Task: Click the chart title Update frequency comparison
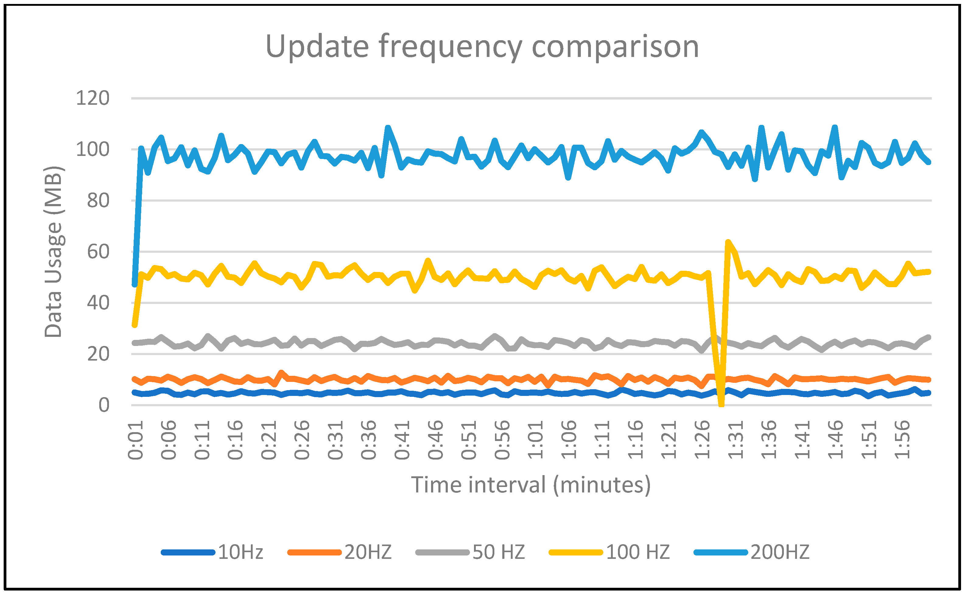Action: pyautogui.click(x=482, y=47)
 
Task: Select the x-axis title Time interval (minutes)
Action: pyautogui.click(x=531, y=485)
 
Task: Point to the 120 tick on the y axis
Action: pyautogui.click(x=93, y=98)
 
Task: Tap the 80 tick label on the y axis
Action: pyautogui.click(x=98, y=201)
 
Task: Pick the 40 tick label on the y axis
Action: pyautogui.click(x=98, y=303)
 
